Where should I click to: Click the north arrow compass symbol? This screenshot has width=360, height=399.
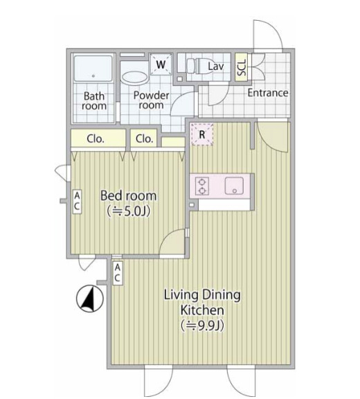(90, 299)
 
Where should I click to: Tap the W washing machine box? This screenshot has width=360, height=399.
(161, 64)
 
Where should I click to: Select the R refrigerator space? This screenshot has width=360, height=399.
(202, 134)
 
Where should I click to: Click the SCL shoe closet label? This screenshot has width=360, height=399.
(242, 67)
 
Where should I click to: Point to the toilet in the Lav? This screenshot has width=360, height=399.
(199, 66)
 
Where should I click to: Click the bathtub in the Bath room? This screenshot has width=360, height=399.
(93, 69)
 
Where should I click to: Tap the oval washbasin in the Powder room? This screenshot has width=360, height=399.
(135, 77)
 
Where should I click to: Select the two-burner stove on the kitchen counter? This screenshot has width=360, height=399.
(202, 186)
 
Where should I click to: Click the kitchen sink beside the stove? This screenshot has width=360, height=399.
(234, 186)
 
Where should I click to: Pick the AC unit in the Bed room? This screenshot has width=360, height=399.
(77, 202)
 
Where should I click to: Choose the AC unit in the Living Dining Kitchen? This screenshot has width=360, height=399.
(117, 273)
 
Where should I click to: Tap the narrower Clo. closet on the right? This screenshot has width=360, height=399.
(144, 138)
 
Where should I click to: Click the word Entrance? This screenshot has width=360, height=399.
(268, 93)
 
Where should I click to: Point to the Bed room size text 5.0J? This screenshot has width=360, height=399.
(129, 211)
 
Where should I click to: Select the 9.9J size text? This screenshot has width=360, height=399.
(203, 326)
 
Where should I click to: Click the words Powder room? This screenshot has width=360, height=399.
(152, 100)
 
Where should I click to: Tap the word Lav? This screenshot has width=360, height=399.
(216, 66)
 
